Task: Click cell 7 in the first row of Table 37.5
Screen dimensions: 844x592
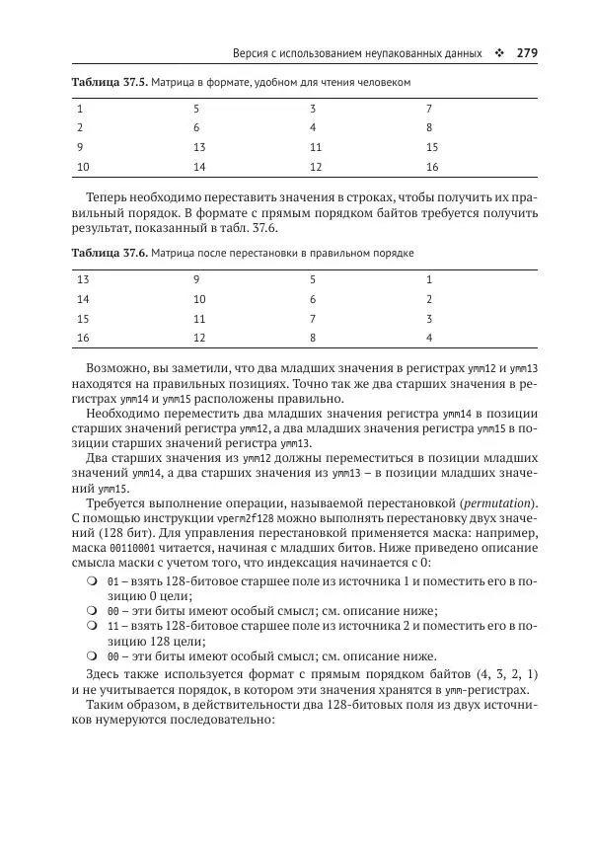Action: pos(429,108)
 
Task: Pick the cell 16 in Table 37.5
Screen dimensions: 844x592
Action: pos(432,167)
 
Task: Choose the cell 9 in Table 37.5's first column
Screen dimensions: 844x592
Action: pos(80,147)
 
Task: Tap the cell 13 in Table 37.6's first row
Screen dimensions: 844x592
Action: pos(83,279)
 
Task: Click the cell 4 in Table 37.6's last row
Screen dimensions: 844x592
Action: pos(429,339)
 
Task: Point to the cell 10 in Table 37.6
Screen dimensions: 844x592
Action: pos(199,299)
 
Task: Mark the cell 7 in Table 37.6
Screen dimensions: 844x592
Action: pos(313,319)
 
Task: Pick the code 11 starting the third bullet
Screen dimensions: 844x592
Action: pos(112,627)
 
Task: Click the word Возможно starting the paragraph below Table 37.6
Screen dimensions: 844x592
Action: pos(116,368)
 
